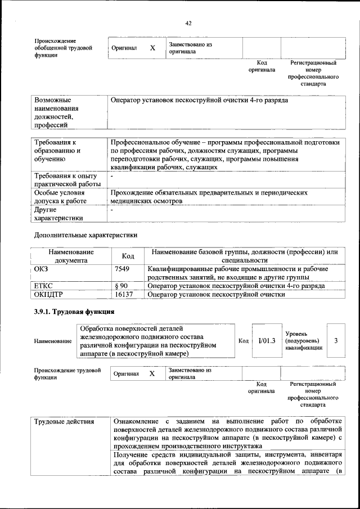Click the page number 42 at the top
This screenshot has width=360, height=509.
click(x=188, y=23)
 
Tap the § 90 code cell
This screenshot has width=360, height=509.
click(x=121, y=286)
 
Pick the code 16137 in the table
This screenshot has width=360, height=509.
click(x=124, y=294)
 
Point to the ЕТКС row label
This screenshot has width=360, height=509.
click(x=43, y=286)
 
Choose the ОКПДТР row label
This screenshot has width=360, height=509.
click(x=48, y=294)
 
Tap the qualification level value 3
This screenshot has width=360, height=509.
click(x=336, y=340)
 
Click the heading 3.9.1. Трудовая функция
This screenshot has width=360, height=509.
click(x=74, y=311)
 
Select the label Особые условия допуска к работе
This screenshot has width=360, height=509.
click(x=62, y=196)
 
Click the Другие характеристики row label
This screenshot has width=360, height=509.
click(x=59, y=214)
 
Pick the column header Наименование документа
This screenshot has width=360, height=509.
click(x=71, y=256)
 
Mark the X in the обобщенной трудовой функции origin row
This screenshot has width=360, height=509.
click(x=152, y=48)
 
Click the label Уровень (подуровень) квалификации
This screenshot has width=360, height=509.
click(x=304, y=341)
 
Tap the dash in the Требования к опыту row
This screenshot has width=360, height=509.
click(x=112, y=176)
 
